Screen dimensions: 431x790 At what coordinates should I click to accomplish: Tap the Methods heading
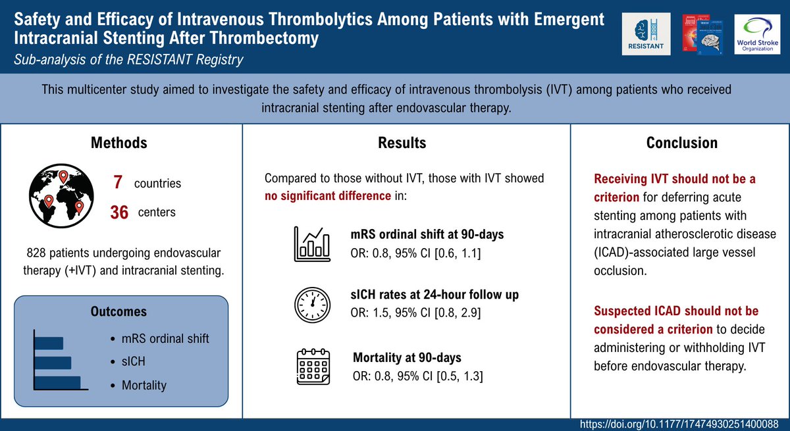pos(118,143)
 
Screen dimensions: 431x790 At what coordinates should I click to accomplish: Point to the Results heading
pos(402,143)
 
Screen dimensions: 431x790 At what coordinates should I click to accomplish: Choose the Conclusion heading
pos(681,143)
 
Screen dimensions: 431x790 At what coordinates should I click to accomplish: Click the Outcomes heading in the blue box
pos(118,311)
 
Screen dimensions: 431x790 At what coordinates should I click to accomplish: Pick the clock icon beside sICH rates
pos(311,303)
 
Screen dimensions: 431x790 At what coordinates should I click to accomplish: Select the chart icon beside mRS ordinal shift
pos(311,244)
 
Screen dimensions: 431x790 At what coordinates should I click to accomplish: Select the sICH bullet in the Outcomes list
pos(134,362)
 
